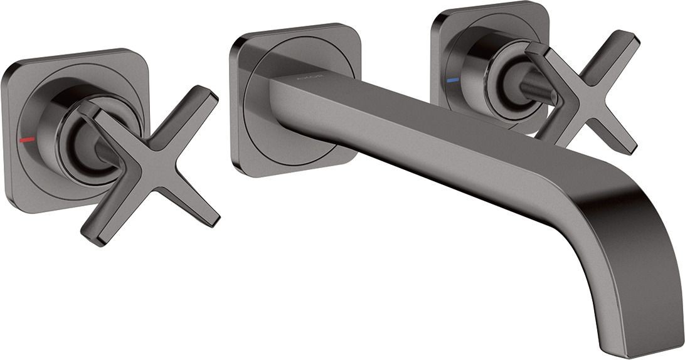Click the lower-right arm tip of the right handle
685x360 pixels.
[x=627, y=147]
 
